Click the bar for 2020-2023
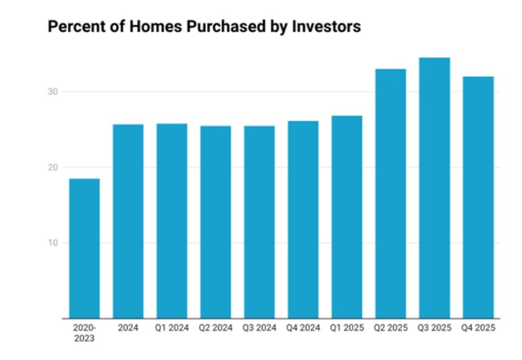point(84,248)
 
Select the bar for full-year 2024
point(128,221)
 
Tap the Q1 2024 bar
point(172,221)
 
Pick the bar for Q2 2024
point(215,222)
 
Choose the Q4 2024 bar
point(303,220)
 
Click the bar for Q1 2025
point(347,217)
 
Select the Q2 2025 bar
point(390,194)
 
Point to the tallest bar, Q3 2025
point(434,188)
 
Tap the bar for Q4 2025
point(478,197)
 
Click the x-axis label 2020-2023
point(84,333)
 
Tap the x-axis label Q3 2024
point(259,328)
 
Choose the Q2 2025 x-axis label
point(390,328)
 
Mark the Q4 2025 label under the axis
point(478,328)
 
